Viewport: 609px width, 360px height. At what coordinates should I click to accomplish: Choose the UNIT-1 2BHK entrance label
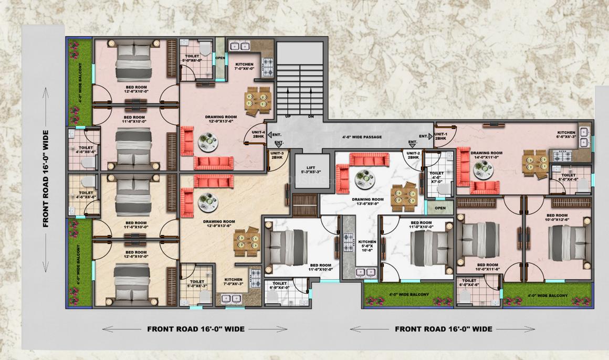442,136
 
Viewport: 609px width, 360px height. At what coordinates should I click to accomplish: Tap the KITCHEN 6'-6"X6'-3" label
566,135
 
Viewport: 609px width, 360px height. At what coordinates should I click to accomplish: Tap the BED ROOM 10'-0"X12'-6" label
557,217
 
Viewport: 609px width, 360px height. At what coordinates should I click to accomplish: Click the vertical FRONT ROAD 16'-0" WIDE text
46,178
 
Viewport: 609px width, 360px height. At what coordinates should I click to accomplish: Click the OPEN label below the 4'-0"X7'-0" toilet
440,207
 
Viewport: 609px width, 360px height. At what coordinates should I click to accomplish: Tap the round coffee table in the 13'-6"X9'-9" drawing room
362,178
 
